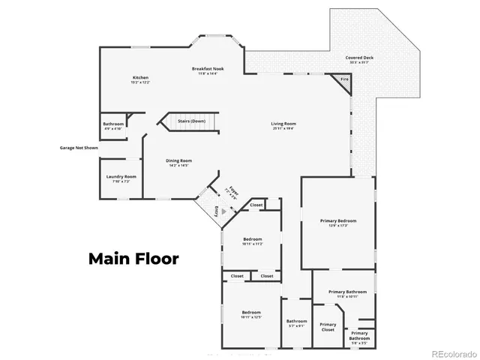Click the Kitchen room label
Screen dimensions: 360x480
tap(141, 79)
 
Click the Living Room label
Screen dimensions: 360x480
tap(283, 125)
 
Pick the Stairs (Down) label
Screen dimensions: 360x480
tap(191, 120)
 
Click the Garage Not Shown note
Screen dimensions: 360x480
tap(79, 148)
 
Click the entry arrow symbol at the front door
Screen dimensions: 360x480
tap(212, 211)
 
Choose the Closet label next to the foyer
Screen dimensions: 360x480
tap(256, 205)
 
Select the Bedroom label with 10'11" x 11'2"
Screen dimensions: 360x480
tap(252, 241)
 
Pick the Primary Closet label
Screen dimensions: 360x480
tap(328, 327)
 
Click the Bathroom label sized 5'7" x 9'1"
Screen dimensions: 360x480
tap(296, 323)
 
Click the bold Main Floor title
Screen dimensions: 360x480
tap(133, 259)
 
